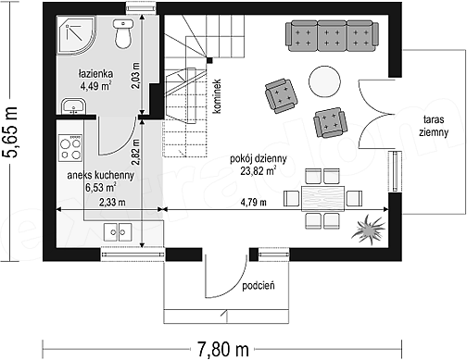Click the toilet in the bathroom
(x=123, y=33)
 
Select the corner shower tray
(x=76, y=35)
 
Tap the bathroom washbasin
(x=73, y=106)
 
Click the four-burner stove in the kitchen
(x=70, y=148)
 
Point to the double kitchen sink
(x=118, y=232)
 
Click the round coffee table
(x=324, y=81)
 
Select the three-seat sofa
(x=332, y=36)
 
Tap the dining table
(x=322, y=199)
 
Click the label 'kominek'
(x=217, y=96)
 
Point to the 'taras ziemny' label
(x=434, y=126)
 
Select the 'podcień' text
(x=259, y=286)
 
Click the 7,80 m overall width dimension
(x=223, y=350)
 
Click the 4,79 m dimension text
(x=253, y=203)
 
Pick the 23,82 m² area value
(x=259, y=170)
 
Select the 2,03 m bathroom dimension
(x=135, y=76)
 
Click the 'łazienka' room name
(x=95, y=74)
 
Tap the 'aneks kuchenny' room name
(x=101, y=175)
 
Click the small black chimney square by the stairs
(x=209, y=60)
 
